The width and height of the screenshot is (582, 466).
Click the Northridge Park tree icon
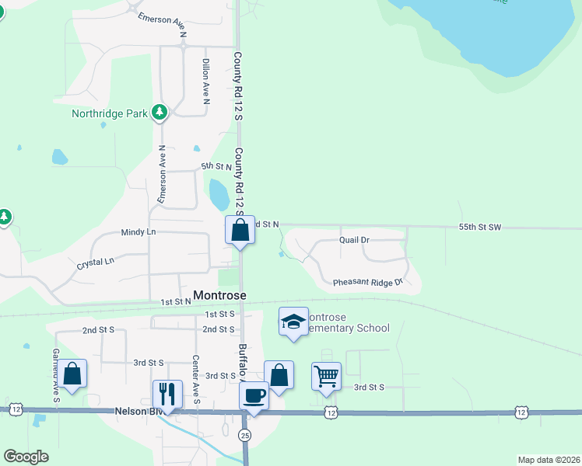coord(160,113)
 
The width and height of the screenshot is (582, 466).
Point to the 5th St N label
coord(217,166)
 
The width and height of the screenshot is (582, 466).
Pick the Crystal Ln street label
coord(95,264)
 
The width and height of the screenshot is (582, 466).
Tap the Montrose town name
coord(219,295)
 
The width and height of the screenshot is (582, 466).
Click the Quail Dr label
coord(355,240)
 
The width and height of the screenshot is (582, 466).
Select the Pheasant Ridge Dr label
coord(368,283)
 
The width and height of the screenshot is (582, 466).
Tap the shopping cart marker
coord(327,376)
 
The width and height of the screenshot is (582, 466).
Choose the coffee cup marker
coord(254,395)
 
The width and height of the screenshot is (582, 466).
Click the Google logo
coord(26,457)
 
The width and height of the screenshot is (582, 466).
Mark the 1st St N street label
coord(176,301)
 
